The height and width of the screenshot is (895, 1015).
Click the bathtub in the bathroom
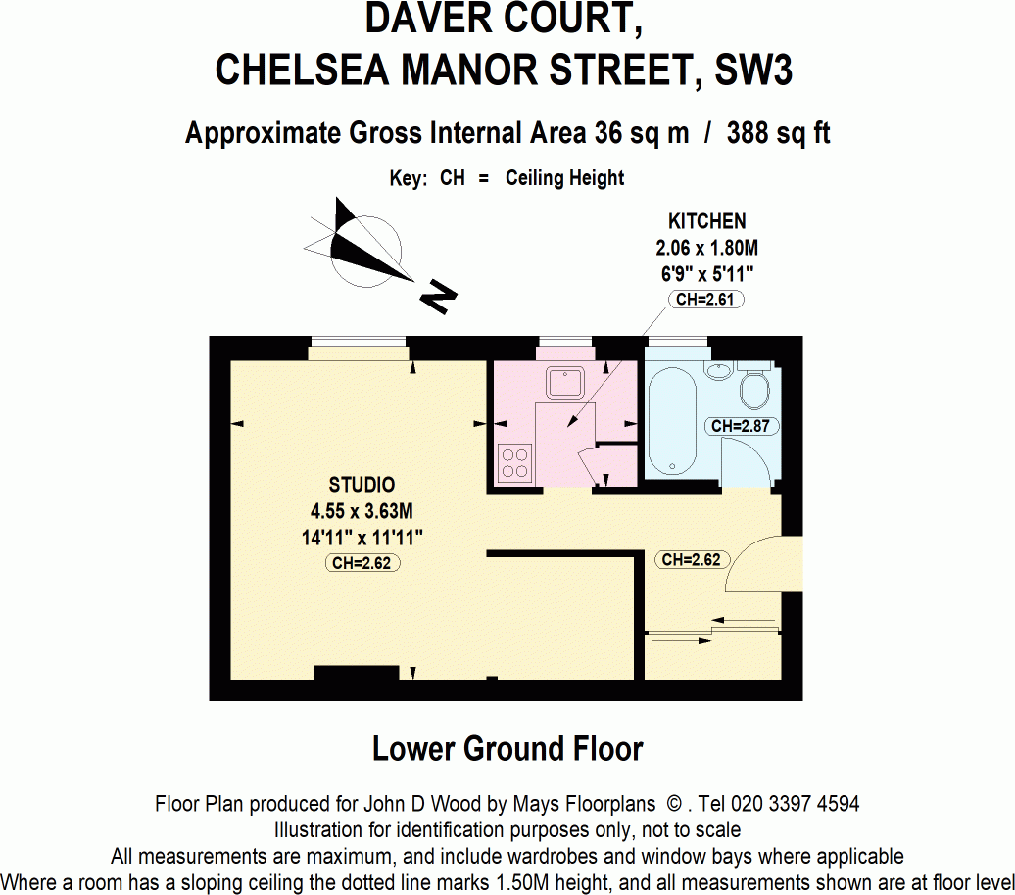click(672, 420)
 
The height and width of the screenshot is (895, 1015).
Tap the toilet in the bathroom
click(755, 389)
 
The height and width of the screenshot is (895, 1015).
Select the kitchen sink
click(565, 381)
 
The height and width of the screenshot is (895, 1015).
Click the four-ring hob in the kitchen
click(515, 462)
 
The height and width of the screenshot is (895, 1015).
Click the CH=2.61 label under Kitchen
click(704, 299)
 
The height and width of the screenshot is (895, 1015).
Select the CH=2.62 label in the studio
click(362, 563)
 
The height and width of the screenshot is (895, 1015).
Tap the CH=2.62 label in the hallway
click(691, 560)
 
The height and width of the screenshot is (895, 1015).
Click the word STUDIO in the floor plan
click(362, 485)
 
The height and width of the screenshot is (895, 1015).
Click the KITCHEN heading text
click(706, 221)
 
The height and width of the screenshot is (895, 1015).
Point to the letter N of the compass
click(438, 296)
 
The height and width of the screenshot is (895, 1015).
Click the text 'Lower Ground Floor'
click(507, 749)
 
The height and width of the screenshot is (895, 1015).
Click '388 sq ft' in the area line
click(778, 133)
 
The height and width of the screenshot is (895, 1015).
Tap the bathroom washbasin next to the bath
click(718, 371)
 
